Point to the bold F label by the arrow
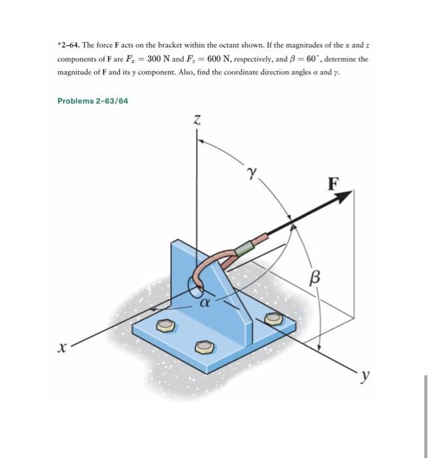point(333,183)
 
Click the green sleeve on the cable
point(244,247)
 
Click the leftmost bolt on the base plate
point(167,325)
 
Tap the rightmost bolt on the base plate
point(273,319)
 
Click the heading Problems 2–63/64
point(92,101)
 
